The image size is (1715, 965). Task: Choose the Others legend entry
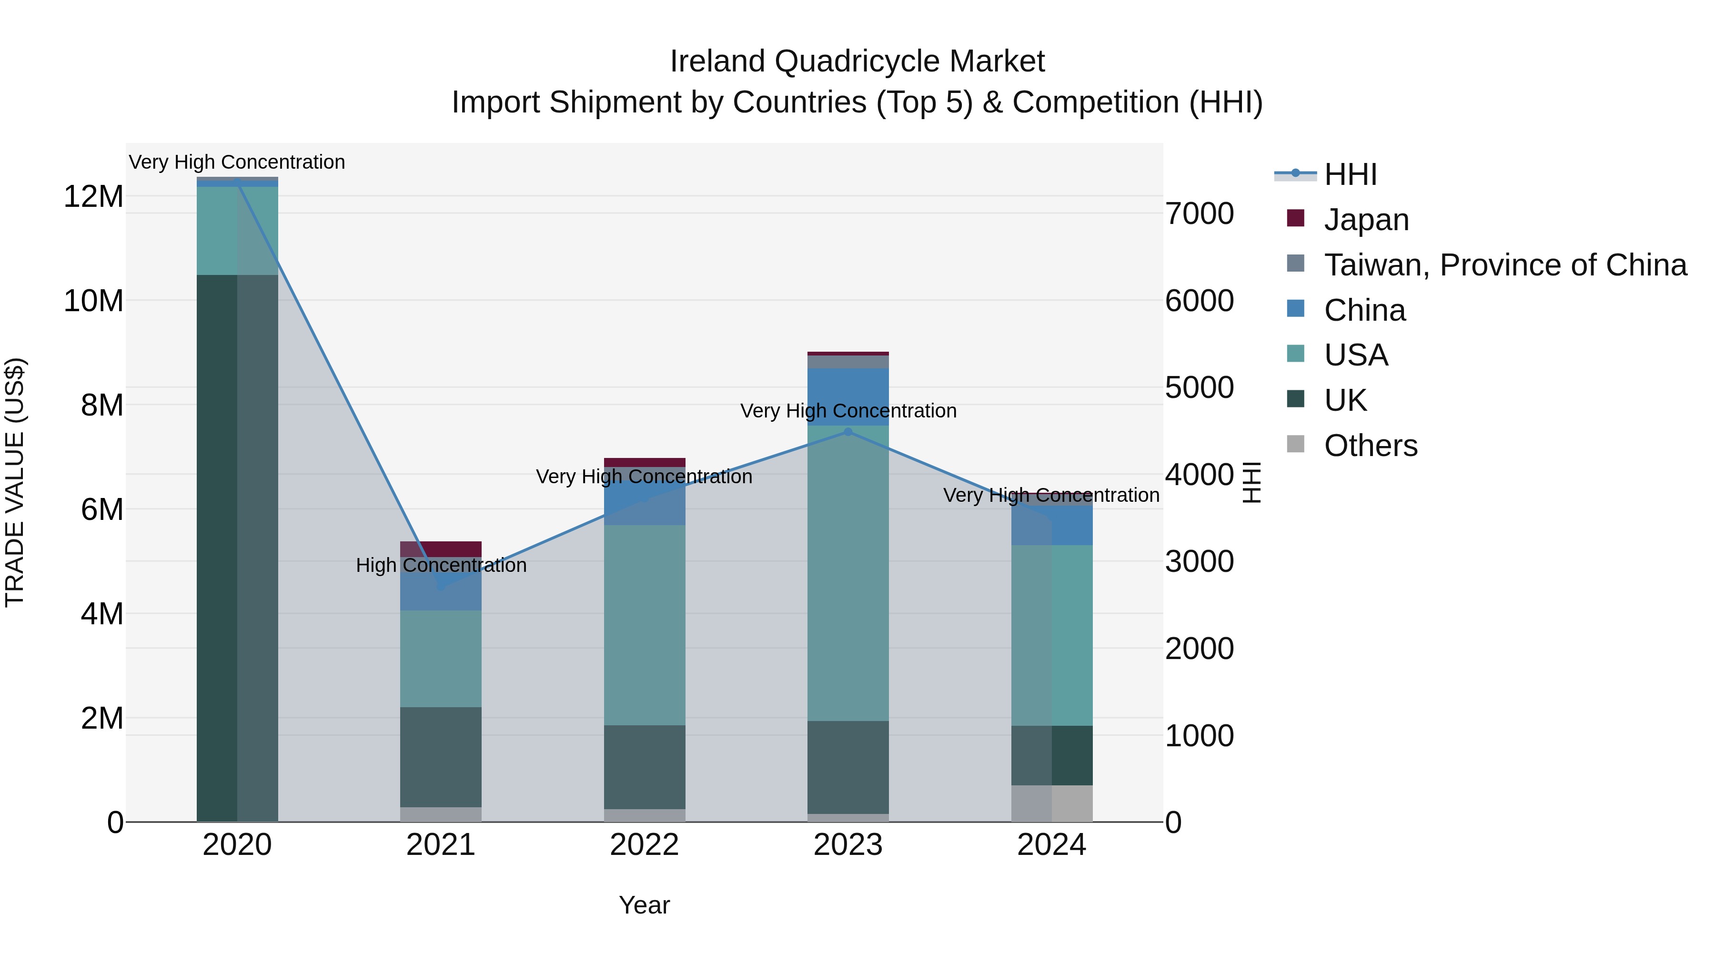click(x=1370, y=446)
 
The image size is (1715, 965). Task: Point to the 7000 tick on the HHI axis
click(x=1199, y=214)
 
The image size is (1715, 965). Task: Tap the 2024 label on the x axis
click(x=1051, y=845)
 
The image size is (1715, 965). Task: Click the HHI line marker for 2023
click(x=847, y=432)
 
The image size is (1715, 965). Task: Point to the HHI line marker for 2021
click(x=441, y=587)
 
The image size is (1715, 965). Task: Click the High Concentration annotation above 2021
click(x=441, y=565)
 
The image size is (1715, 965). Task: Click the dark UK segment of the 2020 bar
click(x=217, y=546)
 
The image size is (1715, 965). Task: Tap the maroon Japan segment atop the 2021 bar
click(x=441, y=549)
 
